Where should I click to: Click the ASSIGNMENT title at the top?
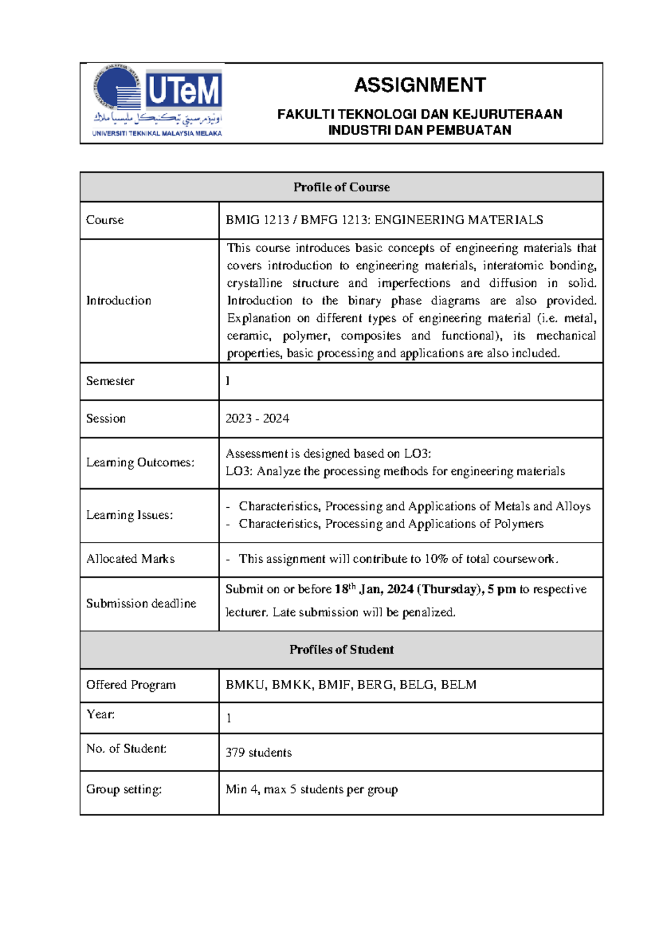coord(420,85)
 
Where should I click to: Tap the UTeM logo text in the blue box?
coord(183,91)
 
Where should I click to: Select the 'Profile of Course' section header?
coord(341,187)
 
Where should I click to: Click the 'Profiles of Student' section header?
coord(341,650)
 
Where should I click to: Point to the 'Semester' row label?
coord(110,381)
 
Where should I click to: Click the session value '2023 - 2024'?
coord(257,419)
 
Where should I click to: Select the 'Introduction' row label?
coord(119,301)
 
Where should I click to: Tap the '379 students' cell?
coord(259,753)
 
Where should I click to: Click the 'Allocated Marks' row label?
coord(131,559)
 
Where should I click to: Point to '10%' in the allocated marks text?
coord(437,559)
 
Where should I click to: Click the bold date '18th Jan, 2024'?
coord(374,590)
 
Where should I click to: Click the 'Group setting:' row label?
coord(124,790)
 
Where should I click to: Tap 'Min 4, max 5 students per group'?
coord(311,790)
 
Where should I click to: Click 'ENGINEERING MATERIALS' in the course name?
coord(459,220)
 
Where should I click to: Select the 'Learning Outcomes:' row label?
coord(140,463)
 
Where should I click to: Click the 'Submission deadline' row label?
coord(141,603)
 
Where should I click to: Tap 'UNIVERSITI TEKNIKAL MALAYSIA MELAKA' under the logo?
coord(157,134)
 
